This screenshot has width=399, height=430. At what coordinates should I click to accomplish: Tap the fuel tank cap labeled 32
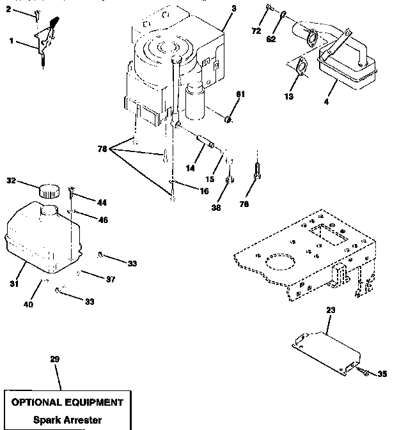pos(47,190)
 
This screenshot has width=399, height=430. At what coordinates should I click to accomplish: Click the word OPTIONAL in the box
pos(38,403)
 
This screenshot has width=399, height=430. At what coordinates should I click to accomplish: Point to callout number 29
pos(54,360)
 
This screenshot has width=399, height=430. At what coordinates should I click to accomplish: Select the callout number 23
pos(330,310)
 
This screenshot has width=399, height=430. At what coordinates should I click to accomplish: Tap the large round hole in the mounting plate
pos(279,263)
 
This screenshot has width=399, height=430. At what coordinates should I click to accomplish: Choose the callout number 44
pos(102,202)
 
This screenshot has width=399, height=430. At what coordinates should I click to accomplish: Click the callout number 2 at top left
pos(8,10)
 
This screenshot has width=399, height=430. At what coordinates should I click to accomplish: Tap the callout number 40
pos(28,304)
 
